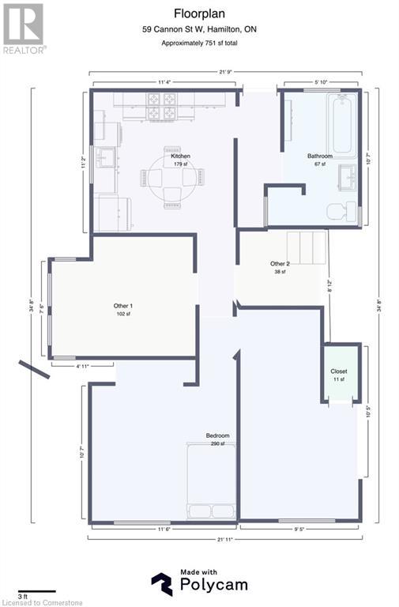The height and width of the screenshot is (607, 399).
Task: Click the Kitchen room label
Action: pos(180,156)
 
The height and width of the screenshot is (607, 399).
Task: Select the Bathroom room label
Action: pos(320,156)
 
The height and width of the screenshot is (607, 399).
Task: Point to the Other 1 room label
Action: pos(122,306)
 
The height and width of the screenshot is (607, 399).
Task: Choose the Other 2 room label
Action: pos(280,264)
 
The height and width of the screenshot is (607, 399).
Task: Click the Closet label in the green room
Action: pos(339,371)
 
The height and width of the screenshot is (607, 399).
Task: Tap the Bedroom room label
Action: pos(217,436)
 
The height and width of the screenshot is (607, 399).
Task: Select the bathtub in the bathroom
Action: pos(341,124)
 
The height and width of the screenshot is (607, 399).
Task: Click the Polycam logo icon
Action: pos(162,584)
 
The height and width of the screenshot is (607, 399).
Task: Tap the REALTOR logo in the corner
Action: pos(24,27)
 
